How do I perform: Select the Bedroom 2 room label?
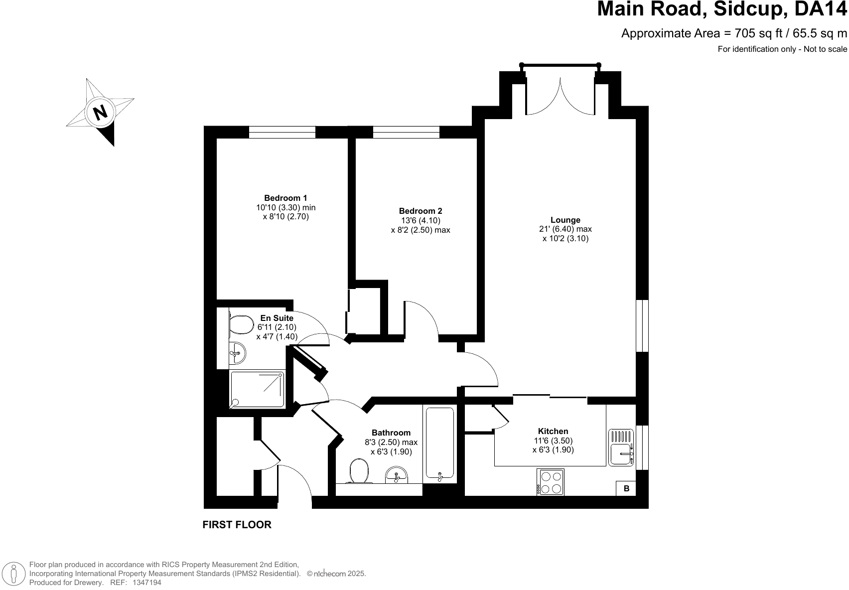point(420,211)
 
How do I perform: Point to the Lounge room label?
point(565,220)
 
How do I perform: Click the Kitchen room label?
point(553,431)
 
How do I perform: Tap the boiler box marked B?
point(626,488)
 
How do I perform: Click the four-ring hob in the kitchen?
point(550,482)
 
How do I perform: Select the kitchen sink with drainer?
point(621,447)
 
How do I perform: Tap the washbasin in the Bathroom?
point(397,475)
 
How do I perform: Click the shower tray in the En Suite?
point(257,389)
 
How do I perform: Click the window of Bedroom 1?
point(282,132)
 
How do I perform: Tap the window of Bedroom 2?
point(406,132)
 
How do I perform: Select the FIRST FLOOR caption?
point(237,524)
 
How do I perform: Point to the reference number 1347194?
point(146,582)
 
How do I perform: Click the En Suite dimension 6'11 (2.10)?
point(277,327)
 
